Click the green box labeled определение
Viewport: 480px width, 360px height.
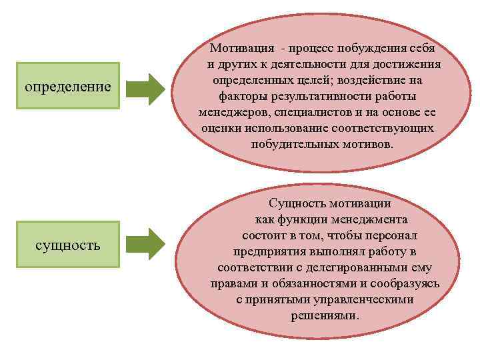[x=67, y=86]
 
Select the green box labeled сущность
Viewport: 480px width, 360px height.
[x=67, y=245]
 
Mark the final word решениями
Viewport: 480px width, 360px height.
[x=325, y=315]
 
